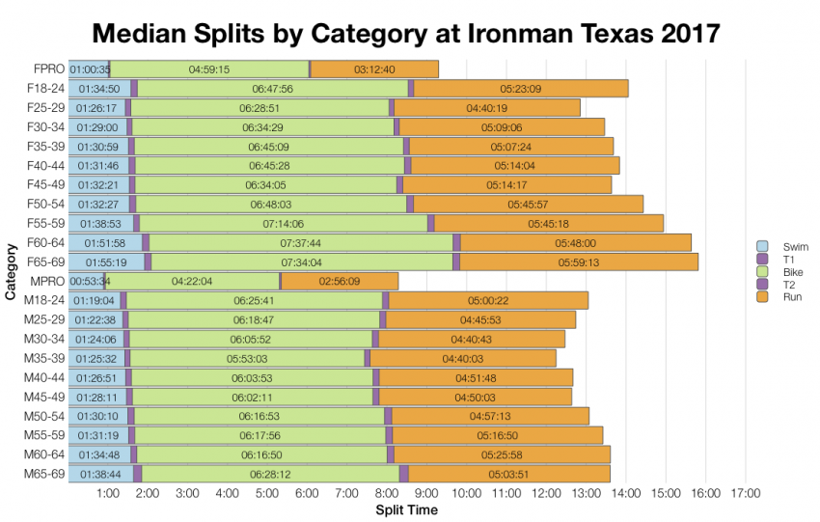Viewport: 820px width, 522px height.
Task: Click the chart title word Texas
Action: (x=554, y=34)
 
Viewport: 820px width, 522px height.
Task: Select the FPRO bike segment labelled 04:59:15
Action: (x=209, y=69)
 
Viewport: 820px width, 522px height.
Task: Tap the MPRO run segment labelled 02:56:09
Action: (x=340, y=281)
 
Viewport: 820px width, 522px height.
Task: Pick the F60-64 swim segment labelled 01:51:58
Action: (x=105, y=242)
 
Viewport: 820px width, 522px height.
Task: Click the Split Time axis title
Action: (x=406, y=509)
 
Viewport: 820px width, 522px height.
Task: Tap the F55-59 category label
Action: (x=44, y=223)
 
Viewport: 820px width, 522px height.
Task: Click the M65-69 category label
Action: (x=44, y=473)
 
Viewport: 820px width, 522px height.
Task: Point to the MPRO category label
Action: (x=47, y=281)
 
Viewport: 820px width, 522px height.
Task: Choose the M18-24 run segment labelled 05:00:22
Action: (x=488, y=300)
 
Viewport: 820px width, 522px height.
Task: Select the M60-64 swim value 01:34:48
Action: (x=99, y=454)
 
